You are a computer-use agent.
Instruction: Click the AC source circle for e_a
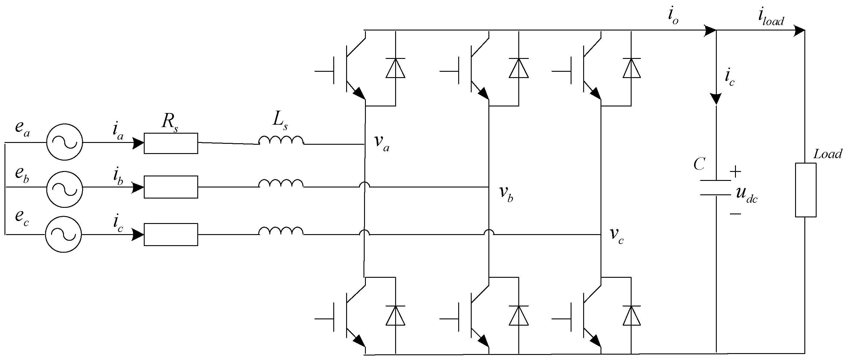click(65, 142)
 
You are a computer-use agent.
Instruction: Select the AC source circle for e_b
click(65, 189)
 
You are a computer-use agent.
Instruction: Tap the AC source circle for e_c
click(64, 234)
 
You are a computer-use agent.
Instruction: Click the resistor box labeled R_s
click(171, 143)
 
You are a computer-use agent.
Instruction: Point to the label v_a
click(381, 142)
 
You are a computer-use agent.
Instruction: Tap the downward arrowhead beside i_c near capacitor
click(716, 98)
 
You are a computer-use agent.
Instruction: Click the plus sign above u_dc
click(735, 172)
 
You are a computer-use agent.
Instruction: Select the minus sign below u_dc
click(735, 214)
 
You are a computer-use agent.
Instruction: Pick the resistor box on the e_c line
click(171, 234)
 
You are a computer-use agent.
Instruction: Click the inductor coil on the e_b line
click(281, 184)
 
